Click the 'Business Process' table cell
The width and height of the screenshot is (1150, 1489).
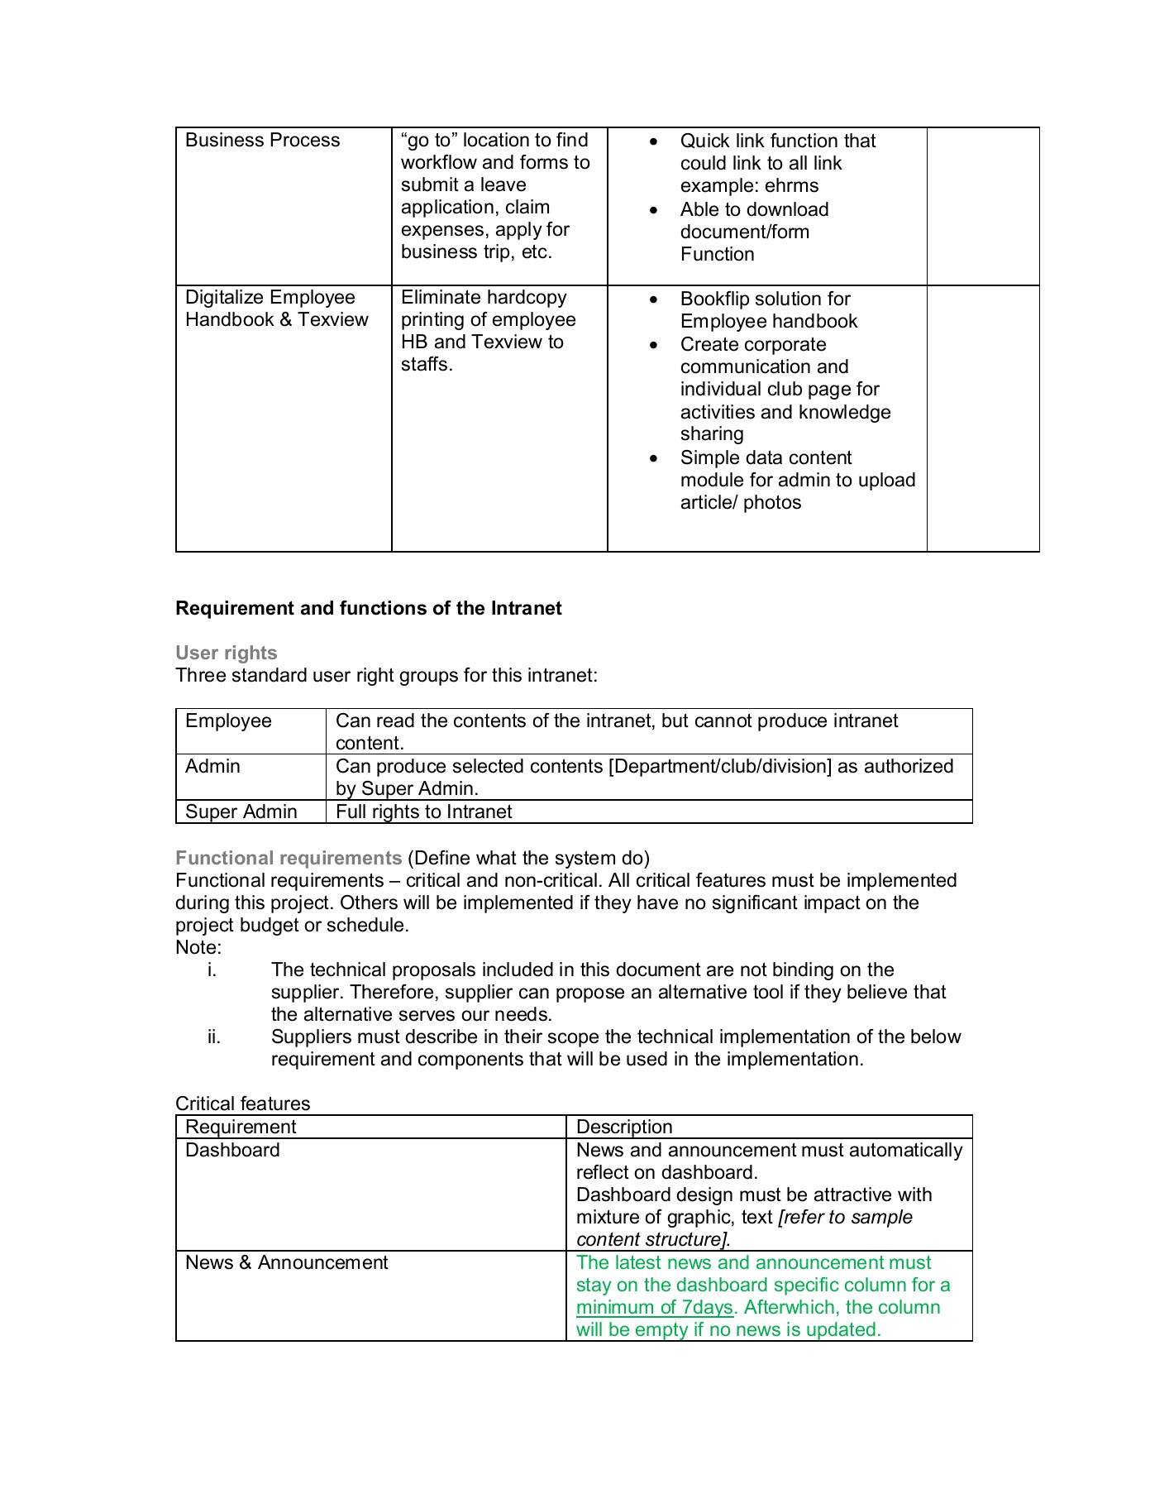[262, 141]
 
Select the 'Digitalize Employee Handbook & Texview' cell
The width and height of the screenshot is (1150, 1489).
[276, 309]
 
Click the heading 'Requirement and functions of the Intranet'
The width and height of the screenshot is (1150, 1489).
[368, 609]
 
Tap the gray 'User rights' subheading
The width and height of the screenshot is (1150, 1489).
[226, 654]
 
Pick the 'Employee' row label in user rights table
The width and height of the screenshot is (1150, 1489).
[228, 721]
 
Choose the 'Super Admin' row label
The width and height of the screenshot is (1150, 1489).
[241, 812]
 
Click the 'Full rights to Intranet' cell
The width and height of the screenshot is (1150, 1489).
[423, 812]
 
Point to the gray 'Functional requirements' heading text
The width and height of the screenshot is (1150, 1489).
[288, 859]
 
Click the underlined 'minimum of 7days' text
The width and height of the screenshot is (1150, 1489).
[654, 1308]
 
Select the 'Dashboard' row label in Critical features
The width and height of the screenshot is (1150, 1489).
[232, 1151]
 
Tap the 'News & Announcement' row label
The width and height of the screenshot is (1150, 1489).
[286, 1263]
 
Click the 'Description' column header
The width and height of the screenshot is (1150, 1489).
[624, 1128]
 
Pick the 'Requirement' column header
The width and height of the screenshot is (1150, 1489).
[241, 1128]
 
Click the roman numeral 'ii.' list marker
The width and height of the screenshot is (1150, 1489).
[214, 1037]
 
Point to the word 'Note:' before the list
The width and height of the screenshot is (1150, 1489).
[198, 948]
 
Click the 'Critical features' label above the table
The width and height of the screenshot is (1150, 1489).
[242, 1104]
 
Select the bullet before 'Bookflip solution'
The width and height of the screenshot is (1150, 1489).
[654, 299]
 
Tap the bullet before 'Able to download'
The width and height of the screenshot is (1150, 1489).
[654, 210]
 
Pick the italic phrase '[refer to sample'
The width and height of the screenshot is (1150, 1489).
[845, 1218]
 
